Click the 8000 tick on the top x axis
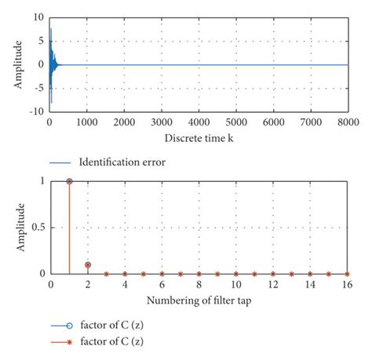tap(348, 123)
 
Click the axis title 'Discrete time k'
tap(199, 138)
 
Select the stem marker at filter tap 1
tap(69, 181)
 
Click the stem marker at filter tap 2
tap(88, 264)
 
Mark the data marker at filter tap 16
tap(347, 274)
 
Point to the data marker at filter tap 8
tap(199, 274)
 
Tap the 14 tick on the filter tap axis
tap(310, 286)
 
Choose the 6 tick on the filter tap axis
tap(162, 286)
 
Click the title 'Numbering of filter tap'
tap(199, 301)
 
